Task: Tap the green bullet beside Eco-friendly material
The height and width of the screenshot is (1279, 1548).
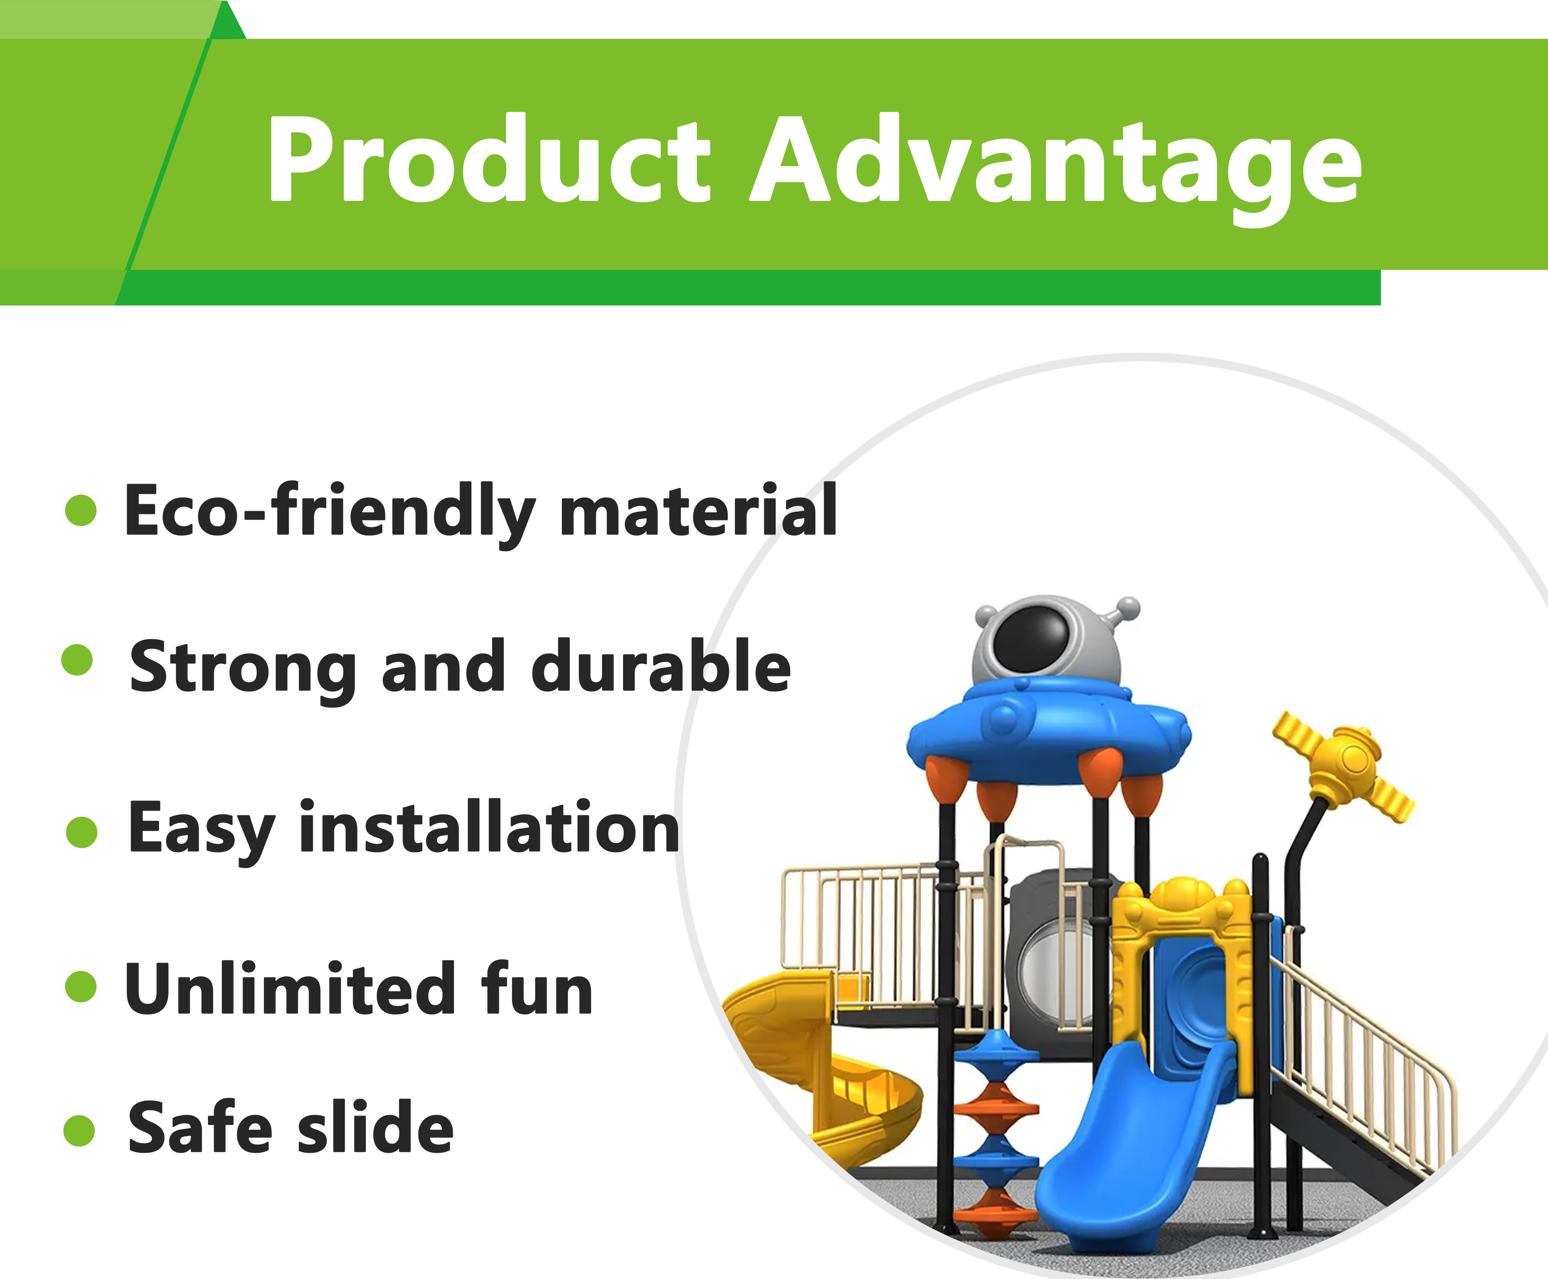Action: pos(81,510)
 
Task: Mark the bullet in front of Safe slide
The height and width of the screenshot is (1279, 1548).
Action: pos(80,1131)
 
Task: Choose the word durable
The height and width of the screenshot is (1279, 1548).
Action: pos(661,667)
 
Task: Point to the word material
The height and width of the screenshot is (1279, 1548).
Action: pos(699,510)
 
